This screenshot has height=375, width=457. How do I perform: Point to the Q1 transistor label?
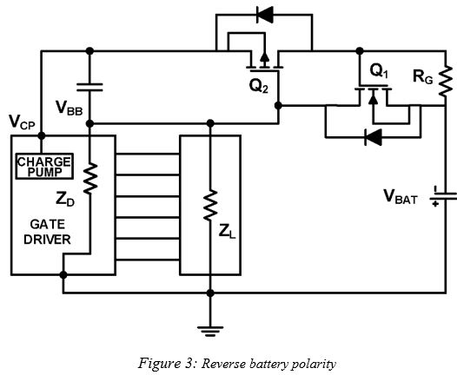point(379,70)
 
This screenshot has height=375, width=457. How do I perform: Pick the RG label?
point(424,77)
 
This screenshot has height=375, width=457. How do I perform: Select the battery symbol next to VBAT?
point(443,198)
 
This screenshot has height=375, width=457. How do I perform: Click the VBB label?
point(70,108)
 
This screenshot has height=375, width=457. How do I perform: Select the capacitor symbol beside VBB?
point(89,86)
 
